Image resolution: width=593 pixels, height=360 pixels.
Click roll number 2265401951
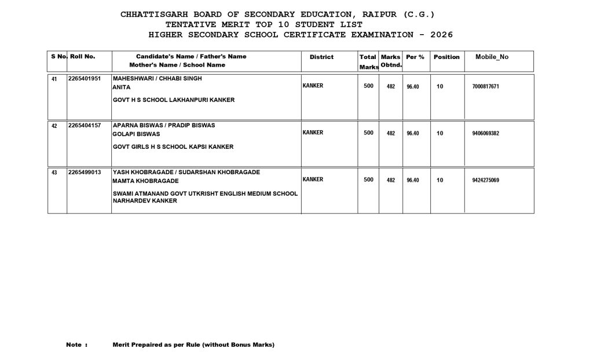point(85,78)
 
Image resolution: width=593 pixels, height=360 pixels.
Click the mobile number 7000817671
point(485,86)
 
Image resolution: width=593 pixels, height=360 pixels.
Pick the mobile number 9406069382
point(485,133)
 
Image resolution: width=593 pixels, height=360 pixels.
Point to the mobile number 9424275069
point(485,180)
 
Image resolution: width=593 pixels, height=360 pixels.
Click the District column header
point(321,57)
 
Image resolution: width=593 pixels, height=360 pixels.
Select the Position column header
point(446,57)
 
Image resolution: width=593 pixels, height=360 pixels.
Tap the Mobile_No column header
point(492,57)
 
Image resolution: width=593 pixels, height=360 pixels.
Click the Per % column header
point(415,57)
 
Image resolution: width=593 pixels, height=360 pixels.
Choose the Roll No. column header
point(82,56)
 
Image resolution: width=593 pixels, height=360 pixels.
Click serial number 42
point(54,126)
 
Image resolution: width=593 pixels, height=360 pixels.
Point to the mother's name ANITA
point(122,87)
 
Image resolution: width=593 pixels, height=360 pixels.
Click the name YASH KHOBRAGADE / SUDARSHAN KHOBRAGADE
point(186,172)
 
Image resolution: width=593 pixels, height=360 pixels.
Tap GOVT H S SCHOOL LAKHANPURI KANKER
point(174,100)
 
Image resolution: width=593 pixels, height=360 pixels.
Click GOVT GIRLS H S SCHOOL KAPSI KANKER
point(173,147)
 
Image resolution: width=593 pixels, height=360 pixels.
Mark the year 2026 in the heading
point(441,35)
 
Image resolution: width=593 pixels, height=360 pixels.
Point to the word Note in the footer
point(74,345)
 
